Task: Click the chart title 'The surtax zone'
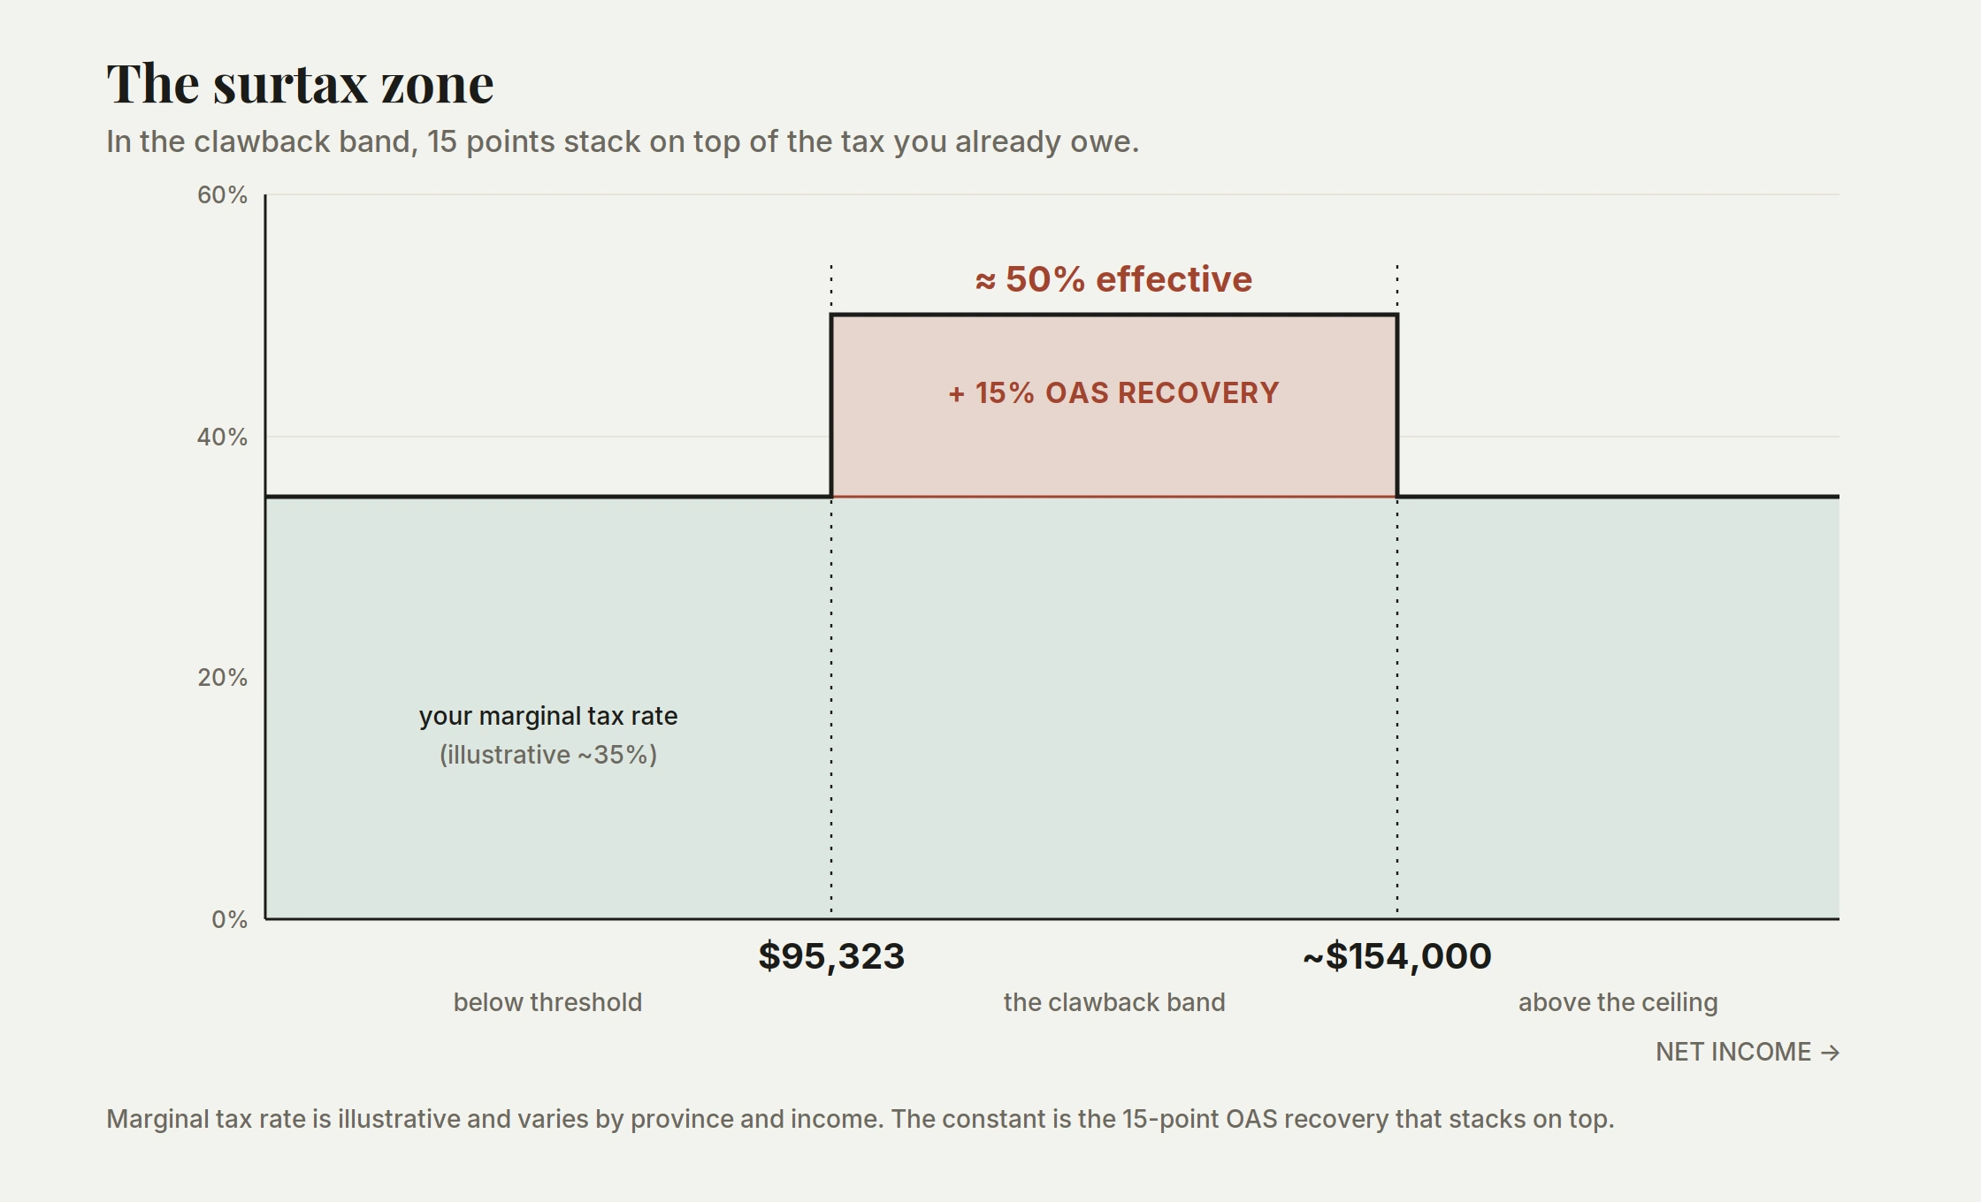[300, 84]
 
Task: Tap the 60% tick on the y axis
[222, 194]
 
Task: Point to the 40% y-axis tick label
[222, 437]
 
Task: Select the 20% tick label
[222, 678]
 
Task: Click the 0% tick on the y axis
[229, 919]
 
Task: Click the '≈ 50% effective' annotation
[1113, 279]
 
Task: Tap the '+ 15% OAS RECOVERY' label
[1113, 392]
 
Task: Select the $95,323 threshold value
[831, 956]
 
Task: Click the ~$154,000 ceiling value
[1397, 956]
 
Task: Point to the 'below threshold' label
[547, 1002]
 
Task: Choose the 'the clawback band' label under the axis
[1114, 1002]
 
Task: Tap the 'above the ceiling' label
[1618, 1002]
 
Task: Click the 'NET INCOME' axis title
[1733, 1052]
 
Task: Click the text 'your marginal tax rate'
[548, 716]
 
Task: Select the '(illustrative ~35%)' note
[548, 755]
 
